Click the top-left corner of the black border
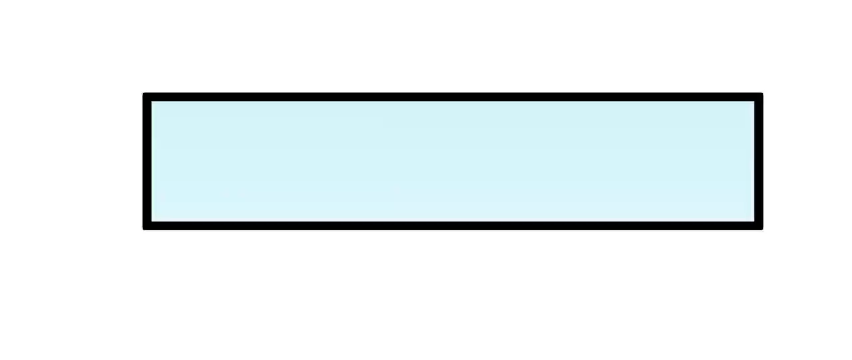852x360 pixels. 146,96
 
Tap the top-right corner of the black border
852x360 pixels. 760,96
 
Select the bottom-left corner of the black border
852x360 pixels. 146,227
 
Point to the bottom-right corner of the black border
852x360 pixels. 760,227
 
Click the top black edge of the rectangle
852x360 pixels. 453,97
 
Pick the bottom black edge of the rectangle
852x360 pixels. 453,226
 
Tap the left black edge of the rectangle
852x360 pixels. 147,162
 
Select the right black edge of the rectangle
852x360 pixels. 759,162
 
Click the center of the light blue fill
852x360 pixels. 453,162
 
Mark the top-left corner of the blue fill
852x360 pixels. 153,102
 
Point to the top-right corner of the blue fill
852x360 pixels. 753,102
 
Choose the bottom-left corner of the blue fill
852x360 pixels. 153,220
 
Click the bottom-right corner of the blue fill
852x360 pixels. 753,220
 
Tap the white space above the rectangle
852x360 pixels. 453,47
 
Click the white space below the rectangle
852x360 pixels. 453,293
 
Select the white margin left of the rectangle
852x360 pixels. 70,162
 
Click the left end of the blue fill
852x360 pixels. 157,162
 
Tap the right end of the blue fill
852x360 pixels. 749,162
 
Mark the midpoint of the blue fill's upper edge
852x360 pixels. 453,103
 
